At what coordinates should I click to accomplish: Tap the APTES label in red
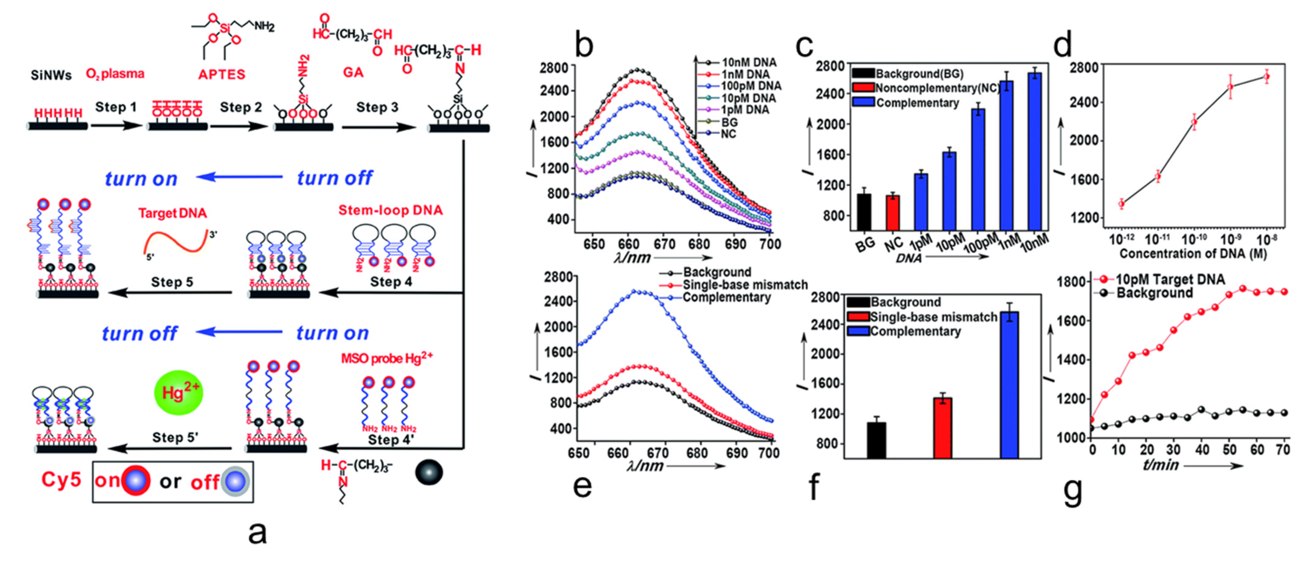pyautogui.click(x=221, y=75)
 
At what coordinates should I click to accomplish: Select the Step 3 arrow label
pyautogui.click(x=377, y=107)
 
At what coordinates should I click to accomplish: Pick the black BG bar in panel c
pyautogui.click(x=864, y=212)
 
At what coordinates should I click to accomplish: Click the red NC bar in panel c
pyautogui.click(x=892, y=213)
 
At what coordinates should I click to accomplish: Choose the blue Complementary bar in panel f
pyautogui.click(x=1009, y=385)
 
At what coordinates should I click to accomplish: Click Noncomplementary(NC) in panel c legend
pyautogui.click(x=936, y=88)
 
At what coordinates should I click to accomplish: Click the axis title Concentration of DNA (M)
pyautogui.click(x=1192, y=254)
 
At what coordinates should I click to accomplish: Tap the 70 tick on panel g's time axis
pyautogui.click(x=1283, y=450)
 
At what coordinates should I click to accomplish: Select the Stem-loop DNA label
pyautogui.click(x=390, y=210)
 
